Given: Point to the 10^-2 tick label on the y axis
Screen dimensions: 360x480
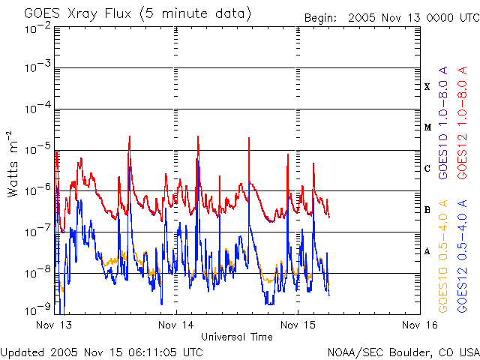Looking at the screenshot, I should tap(37, 28).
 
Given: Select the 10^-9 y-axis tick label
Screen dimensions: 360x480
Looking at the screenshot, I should tap(37, 308).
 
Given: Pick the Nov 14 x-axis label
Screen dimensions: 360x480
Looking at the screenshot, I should tap(175, 325).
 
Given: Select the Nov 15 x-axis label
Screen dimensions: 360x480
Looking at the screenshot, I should tap(298, 325).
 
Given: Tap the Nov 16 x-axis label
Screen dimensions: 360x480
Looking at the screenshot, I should tap(418, 325).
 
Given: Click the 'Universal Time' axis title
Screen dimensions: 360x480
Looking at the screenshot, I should tap(236, 337).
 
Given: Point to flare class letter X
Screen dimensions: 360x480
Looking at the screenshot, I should tap(427, 87).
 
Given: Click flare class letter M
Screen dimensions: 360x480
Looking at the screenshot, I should tap(427, 127).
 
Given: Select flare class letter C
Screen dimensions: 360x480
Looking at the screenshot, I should tap(427, 169).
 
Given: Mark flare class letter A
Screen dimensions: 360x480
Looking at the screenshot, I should tap(427, 251).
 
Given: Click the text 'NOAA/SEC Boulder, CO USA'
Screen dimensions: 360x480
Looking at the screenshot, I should tap(403, 352).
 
